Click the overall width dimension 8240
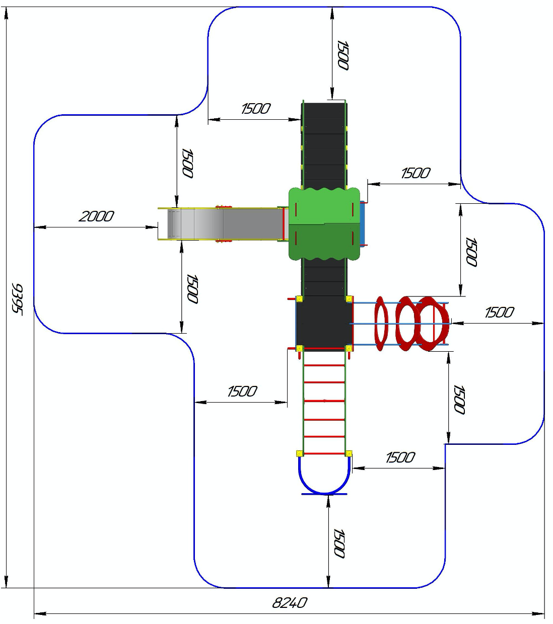pos(290,603)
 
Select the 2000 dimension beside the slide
pos(97,216)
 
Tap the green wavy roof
pos(324,224)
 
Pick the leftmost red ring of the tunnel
pos(381,324)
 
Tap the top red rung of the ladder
pos(324,365)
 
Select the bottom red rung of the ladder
pos(324,453)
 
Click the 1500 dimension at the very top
pos(343,55)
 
